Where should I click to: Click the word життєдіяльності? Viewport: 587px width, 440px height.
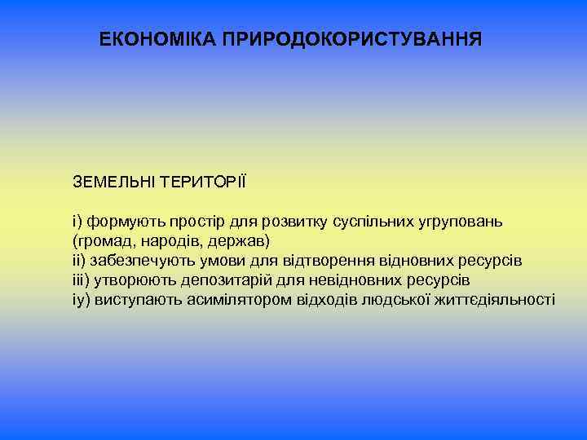pyautogui.click(x=495, y=300)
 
